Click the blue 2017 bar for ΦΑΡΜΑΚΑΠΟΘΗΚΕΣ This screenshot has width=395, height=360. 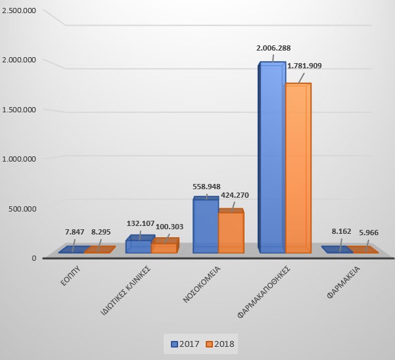point(271,158)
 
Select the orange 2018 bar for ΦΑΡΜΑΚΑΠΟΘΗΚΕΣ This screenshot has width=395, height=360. point(298,168)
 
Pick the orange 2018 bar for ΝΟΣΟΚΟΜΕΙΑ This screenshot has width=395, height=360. point(231,232)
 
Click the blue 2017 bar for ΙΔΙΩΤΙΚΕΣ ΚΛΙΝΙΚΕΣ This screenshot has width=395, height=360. point(139,245)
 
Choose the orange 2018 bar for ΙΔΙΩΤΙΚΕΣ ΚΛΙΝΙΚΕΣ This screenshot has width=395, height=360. point(164,247)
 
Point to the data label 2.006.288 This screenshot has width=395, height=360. point(273,47)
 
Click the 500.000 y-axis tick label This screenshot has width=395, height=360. point(22,209)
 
